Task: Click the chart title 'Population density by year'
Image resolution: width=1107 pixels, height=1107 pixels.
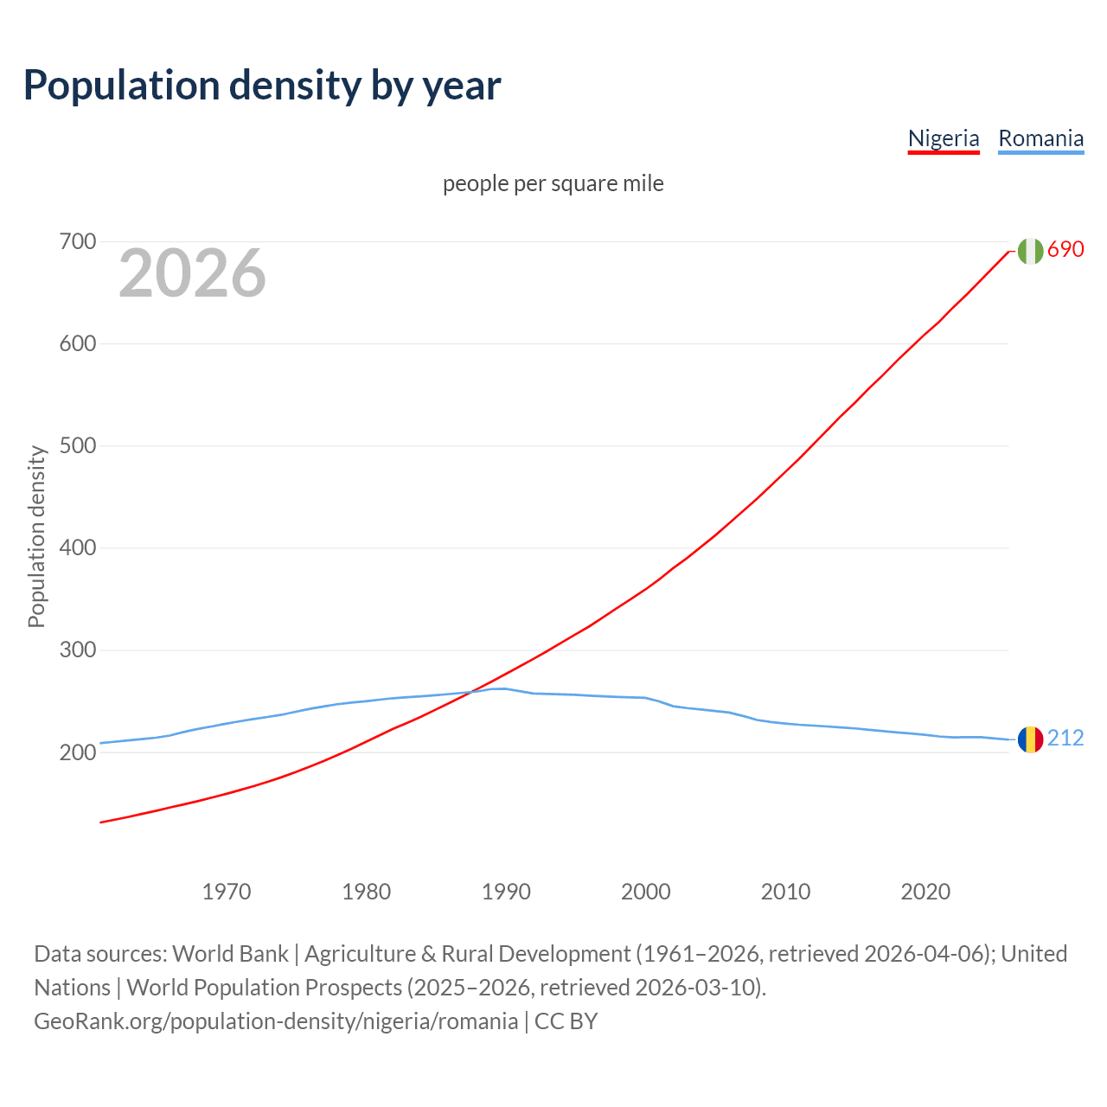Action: click(x=262, y=85)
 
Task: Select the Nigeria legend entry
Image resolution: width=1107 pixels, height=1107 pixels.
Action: click(x=944, y=138)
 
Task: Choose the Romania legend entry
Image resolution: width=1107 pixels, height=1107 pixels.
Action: click(x=1040, y=138)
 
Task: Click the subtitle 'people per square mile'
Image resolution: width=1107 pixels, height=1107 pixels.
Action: click(x=553, y=183)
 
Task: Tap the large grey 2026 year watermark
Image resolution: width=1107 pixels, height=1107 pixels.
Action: click(x=192, y=273)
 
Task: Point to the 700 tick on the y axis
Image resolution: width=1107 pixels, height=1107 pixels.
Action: click(x=77, y=241)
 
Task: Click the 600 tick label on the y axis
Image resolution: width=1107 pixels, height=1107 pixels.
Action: click(x=77, y=343)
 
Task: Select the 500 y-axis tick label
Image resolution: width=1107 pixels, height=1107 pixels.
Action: click(x=77, y=445)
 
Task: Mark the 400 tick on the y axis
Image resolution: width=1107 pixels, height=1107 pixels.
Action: click(x=77, y=547)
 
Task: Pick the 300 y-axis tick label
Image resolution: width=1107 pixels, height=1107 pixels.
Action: click(x=77, y=649)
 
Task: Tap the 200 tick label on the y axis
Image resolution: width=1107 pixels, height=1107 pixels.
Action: click(x=77, y=752)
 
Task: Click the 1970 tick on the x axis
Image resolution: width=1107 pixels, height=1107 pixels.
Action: click(x=227, y=891)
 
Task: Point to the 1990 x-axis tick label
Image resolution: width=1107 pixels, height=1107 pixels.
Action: click(x=506, y=891)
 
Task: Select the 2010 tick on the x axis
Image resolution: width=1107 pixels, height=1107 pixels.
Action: click(x=785, y=891)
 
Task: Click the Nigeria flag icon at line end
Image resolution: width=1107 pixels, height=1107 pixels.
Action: click(x=1030, y=251)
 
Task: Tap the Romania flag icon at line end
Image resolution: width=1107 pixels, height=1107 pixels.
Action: click(x=1030, y=739)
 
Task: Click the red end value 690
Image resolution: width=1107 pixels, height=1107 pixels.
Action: click(x=1065, y=249)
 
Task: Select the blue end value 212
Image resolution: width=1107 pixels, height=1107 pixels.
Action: click(x=1065, y=738)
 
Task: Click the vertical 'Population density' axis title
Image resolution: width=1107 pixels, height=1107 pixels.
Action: click(x=36, y=536)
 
